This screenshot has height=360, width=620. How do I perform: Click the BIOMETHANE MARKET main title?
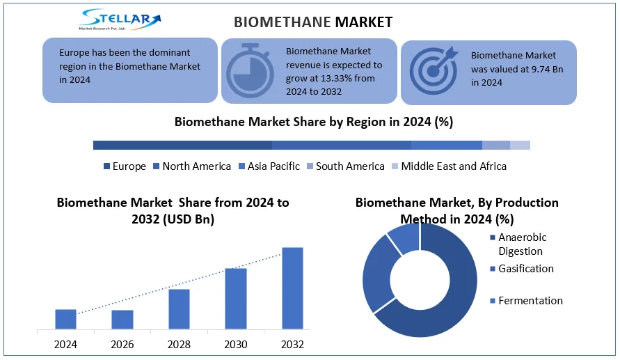tap(313, 22)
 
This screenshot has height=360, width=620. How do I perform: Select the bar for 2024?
tap(65, 319)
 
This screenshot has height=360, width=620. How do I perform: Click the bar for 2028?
tap(179, 308)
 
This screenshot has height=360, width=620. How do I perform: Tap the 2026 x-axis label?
tap(122, 345)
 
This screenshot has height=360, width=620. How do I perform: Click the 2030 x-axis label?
tap(235, 345)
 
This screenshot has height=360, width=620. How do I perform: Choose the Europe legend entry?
tap(125, 166)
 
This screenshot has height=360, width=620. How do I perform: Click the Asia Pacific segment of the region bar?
tap(446, 145)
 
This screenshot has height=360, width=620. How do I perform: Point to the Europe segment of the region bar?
tap(182, 145)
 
